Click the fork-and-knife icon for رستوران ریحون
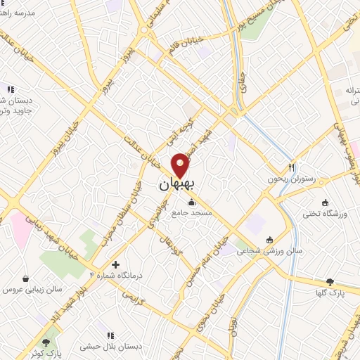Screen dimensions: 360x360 [x=290, y=167]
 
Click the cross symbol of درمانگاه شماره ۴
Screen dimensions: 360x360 [x=115, y=264]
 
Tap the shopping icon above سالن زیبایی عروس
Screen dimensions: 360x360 [x=26, y=278]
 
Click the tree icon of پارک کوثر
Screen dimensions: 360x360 [x=46, y=342]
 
